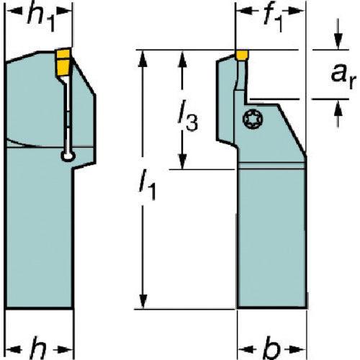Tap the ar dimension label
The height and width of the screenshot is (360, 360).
tap(342, 76)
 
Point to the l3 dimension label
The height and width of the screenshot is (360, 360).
tap(188, 116)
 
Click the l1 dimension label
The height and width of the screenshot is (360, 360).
tap(148, 184)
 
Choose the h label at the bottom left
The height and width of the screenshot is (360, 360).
tap(38, 348)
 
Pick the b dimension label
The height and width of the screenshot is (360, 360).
tap(271, 348)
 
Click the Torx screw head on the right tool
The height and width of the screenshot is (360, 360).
tap(253, 119)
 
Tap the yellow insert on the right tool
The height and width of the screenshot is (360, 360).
tap(242, 55)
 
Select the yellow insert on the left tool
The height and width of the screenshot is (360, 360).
tap(63, 62)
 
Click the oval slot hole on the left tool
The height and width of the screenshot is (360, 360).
tap(68, 156)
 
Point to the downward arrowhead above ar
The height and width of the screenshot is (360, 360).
tap(338, 42)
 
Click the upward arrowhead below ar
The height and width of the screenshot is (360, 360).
tap(338, 107)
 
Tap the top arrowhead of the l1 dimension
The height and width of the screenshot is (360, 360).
tap(143, 58)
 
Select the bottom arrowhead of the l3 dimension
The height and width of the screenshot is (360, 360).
tap(183, 161)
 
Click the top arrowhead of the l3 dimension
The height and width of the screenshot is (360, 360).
tap(183, 58)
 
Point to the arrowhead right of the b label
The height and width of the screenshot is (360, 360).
tap(298, 349)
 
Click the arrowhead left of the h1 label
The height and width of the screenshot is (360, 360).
tap(14, 11)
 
